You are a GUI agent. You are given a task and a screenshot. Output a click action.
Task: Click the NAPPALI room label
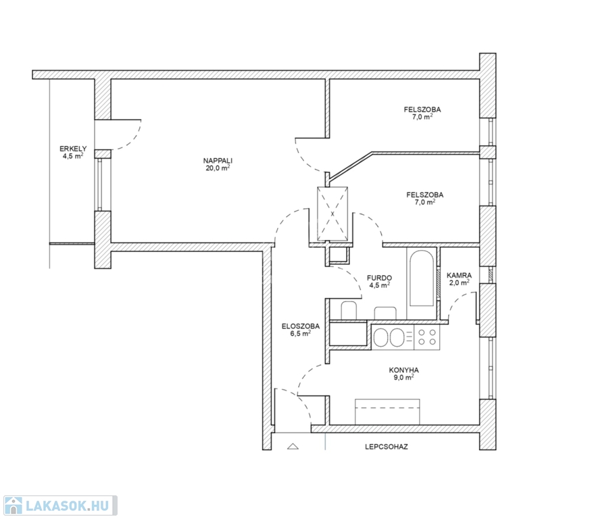coord(218,161)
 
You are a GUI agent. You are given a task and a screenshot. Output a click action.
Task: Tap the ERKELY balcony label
coord(73,149)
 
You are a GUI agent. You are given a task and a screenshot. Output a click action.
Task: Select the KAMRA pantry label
coord(459,276)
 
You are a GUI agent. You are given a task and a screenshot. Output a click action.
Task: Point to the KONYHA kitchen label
coord(404,370)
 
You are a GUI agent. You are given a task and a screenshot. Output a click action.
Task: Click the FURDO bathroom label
coord(379,278)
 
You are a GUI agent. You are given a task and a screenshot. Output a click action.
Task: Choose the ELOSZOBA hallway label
coord(301,326)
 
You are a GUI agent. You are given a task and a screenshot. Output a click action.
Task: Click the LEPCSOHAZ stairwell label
coord(387,447)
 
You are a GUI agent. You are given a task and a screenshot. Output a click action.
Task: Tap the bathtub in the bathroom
coord(422,278)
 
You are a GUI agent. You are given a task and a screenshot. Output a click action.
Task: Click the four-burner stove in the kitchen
coord(427,337)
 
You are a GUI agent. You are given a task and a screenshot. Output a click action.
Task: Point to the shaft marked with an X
coord(332,214)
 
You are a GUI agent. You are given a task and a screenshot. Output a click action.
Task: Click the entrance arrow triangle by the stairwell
coord(293,446)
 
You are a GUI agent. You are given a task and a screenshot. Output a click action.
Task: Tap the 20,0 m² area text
coord(218,168)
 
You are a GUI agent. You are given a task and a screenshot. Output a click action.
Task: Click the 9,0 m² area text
coord(404,377)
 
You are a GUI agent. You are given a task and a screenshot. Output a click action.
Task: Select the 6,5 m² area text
coord(301,333)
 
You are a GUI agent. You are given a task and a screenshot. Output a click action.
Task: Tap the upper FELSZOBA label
coord(422,109)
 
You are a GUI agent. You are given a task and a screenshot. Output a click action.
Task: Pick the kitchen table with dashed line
coord(387,412)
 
